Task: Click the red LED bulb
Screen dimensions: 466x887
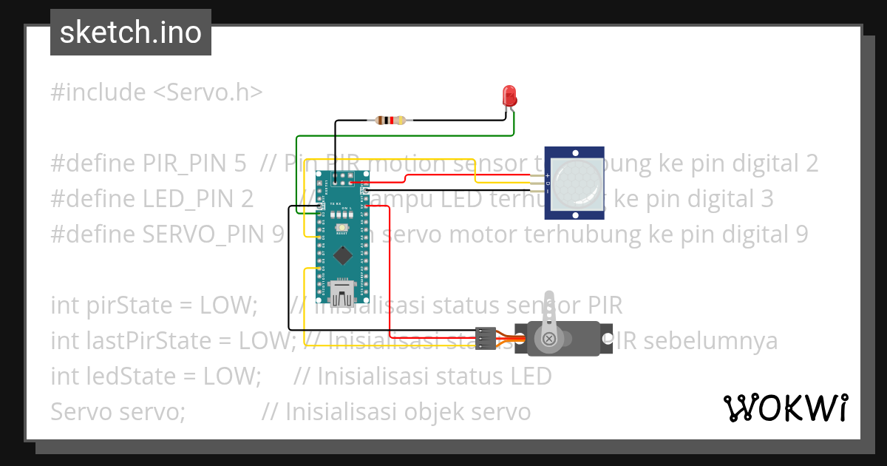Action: tap(509, 95)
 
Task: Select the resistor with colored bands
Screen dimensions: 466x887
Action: tap(390, 120)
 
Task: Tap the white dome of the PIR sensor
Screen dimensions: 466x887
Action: tap(576, 181)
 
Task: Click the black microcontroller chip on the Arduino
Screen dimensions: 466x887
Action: tap(342, 255)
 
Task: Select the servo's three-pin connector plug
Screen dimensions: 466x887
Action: tap(485, 338)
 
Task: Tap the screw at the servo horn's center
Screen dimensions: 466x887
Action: tap(550, 339)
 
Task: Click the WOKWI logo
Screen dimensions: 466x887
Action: tap(785, 408)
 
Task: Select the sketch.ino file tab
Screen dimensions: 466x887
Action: tap(131, 33)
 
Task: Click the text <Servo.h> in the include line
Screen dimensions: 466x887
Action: tap(208, 92)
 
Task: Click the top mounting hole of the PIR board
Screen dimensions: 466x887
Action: tap(576, 150)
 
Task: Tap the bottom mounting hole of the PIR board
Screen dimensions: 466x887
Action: tap(576, 215)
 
